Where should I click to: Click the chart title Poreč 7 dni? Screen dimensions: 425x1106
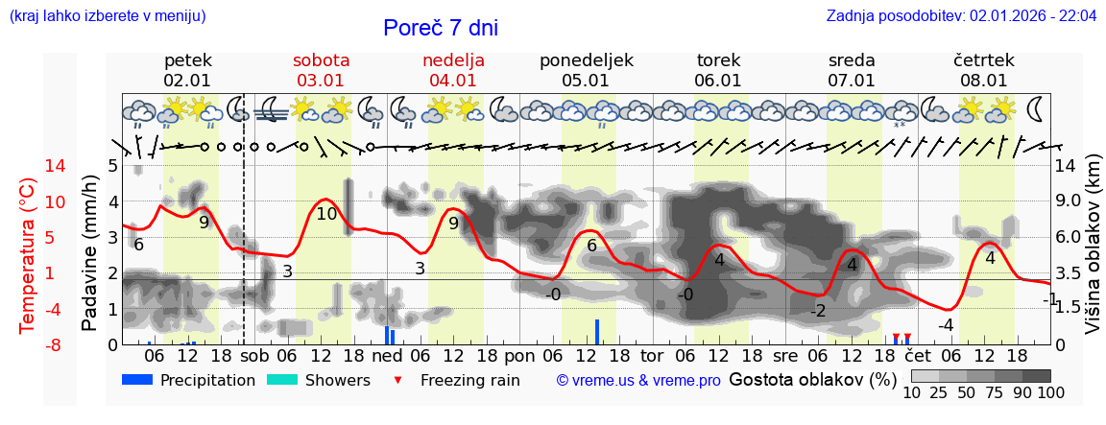click(440, 29)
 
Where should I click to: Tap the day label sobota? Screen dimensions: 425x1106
click(321, 60)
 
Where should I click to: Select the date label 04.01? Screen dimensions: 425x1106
click(453, 81)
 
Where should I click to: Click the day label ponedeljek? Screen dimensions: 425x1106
click(586, 60)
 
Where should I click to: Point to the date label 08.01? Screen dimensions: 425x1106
click(984, 81)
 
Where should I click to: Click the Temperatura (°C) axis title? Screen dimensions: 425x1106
click(29, 255)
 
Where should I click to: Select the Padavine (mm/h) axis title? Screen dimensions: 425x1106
click(89, 255)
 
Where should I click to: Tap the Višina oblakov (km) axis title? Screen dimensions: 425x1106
click(1093, 255)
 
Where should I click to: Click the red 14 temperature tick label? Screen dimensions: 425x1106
click(29, 166)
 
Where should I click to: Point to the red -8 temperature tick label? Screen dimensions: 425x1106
click(29, 344)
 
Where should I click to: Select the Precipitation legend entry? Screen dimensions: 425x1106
click(188, 380)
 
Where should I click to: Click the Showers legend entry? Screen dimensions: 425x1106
click(318, 380)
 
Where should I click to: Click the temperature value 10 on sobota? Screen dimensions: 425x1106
click(326, 214)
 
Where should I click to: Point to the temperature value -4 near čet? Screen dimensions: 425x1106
click(946, 325)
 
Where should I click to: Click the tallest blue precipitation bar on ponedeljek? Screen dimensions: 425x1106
click(596, 331)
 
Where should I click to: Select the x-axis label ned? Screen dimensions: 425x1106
click(387, 355)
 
